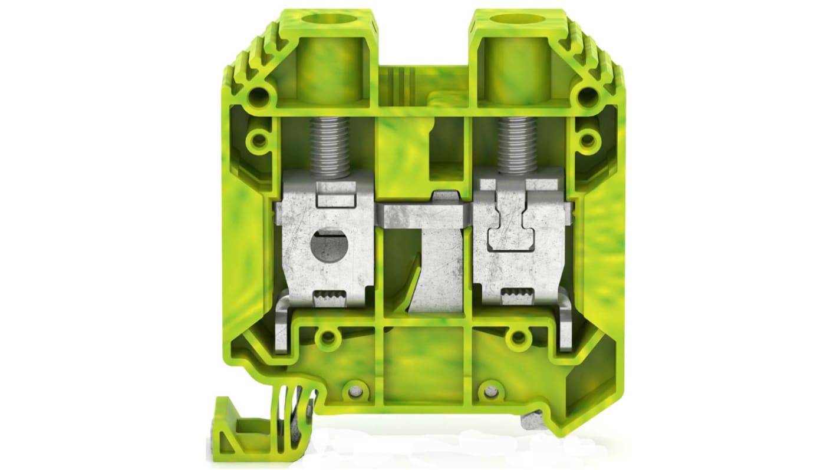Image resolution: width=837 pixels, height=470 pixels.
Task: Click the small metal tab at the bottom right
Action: click(529, 421)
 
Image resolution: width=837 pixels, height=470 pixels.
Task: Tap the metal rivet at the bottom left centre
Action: click(354, 391)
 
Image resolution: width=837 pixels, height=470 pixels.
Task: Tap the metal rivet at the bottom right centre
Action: click(489, 389)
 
